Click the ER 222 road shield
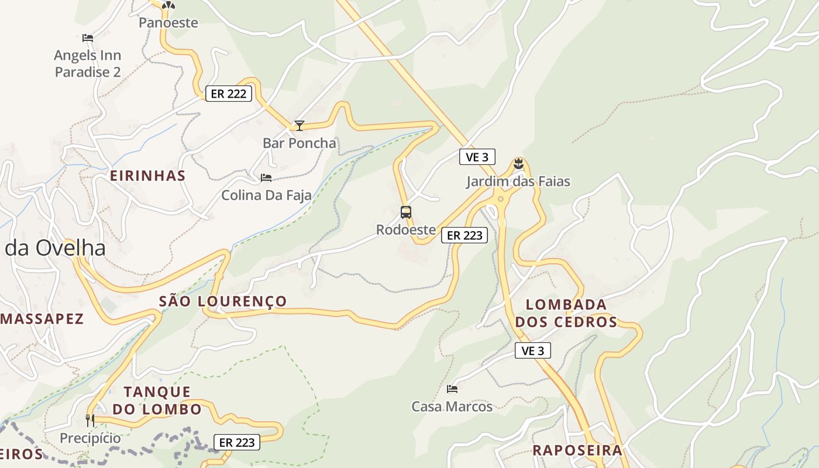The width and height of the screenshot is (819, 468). (228, 94)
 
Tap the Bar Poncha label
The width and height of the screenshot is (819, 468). (300, 143)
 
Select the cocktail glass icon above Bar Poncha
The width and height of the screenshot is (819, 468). (300, 125)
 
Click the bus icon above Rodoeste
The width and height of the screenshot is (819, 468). (406, 212)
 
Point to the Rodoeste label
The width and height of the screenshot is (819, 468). (406, 230)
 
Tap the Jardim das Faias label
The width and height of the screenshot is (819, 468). (518, 181)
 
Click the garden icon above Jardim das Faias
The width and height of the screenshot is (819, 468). (518, 164)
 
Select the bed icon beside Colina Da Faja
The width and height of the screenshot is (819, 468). (266, 177)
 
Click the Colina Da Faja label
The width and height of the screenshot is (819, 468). (266, 195)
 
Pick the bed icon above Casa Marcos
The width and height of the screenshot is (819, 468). (452, 388)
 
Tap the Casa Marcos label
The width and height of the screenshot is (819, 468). (452, 407)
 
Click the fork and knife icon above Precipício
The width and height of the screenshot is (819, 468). (90, 420)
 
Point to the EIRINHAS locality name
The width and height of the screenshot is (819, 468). (147, 175)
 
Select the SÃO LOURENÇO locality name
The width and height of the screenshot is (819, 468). (223, 301)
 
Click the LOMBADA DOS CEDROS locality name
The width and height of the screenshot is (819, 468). (566, 313)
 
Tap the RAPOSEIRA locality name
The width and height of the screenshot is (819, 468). (577, 450)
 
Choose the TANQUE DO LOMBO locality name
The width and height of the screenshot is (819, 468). (157, 400)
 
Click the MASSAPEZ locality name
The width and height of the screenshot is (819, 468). (42, 319)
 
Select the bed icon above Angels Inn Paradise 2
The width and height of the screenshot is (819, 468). (88, 39)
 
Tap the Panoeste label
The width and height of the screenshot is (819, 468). (168, 23)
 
